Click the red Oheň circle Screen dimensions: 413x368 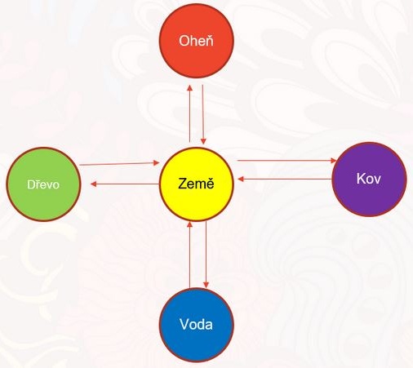pos(196,41)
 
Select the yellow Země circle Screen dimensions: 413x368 pos(196,184)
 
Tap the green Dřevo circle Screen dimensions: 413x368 pos(43,184)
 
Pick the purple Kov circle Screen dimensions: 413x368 pos(369,180)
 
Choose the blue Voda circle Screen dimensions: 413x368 pos(196,325)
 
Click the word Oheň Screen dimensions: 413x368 pos(196,41)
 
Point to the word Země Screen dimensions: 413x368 pos(196,183)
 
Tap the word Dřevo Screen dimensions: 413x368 pos(43,184)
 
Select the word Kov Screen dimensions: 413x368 pos(369,179)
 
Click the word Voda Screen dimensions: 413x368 pos(196,325)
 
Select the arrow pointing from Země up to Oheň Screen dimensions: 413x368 pos(190,113)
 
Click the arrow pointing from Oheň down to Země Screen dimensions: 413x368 pos(203,114)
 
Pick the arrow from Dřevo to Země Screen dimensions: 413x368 pos(119,164)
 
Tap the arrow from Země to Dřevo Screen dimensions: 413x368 pos(125,184)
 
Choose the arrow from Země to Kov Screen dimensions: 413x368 pos(287,161)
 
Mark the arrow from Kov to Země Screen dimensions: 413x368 pos(285,179)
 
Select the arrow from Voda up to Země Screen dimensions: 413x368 pos(190,255)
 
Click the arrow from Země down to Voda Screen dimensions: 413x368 pos(206,255)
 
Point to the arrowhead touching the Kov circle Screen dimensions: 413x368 pos(334,161)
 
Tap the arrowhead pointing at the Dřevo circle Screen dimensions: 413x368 pos(93,184)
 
